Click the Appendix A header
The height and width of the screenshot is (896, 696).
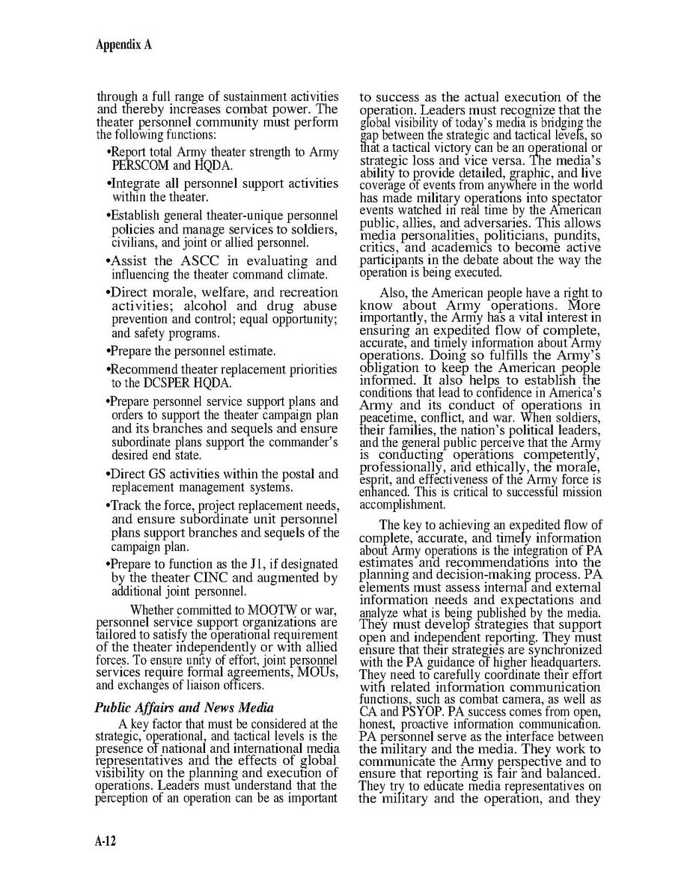tap(123, 44)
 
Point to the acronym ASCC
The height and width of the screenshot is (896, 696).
tap(197, 260)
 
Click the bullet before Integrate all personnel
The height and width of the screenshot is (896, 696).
tap(110, 183)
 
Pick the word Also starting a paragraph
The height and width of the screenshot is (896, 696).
tap(394, 293)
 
